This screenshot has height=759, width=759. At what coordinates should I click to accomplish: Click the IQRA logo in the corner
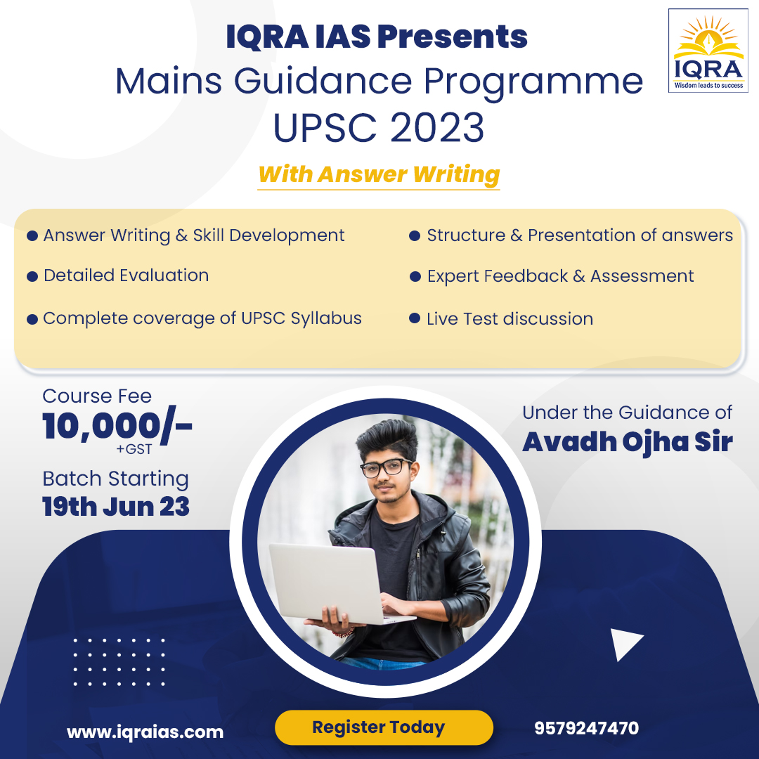pos(708,51)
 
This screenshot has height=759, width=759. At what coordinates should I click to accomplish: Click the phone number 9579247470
pos(587,728)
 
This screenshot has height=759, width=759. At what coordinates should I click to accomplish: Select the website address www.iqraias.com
pos(145,732)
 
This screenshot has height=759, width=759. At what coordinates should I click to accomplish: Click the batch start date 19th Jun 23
pos(116,507)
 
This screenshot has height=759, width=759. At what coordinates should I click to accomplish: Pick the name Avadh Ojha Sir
pos(628,442)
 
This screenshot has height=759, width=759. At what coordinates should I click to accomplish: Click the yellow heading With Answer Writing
pos(379,174)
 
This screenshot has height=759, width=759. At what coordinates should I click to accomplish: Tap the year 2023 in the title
pos(437,128)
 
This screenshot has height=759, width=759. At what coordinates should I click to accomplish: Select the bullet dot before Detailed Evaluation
pos(32,277)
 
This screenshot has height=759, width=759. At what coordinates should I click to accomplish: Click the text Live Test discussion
pos(510,319)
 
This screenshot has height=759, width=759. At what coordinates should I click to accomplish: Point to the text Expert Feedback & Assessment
pos(560,276)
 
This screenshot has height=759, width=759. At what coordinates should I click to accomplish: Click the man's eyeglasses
pos(386,467)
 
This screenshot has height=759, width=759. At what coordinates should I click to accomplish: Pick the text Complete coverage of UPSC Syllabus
pos(202,318)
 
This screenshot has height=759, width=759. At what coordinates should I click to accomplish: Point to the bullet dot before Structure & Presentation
pos(415,236)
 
